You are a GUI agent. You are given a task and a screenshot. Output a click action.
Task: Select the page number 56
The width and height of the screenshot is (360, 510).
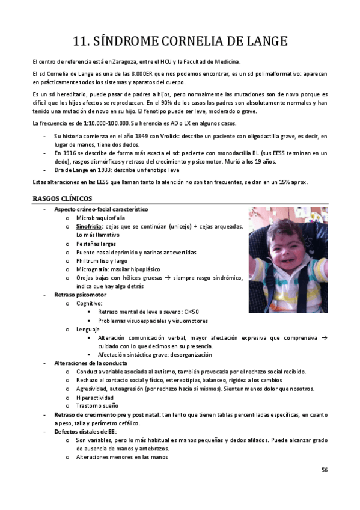[324, 469]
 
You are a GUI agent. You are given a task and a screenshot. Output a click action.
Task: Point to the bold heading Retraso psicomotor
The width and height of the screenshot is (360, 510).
[80, 295]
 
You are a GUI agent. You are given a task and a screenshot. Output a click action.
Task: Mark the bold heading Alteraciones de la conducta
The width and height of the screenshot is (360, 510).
[90, 363]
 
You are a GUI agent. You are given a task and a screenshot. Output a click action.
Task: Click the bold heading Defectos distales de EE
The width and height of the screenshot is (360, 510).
[85, 432]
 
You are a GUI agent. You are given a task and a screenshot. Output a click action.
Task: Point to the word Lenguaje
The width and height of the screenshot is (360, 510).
[88, 329]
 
